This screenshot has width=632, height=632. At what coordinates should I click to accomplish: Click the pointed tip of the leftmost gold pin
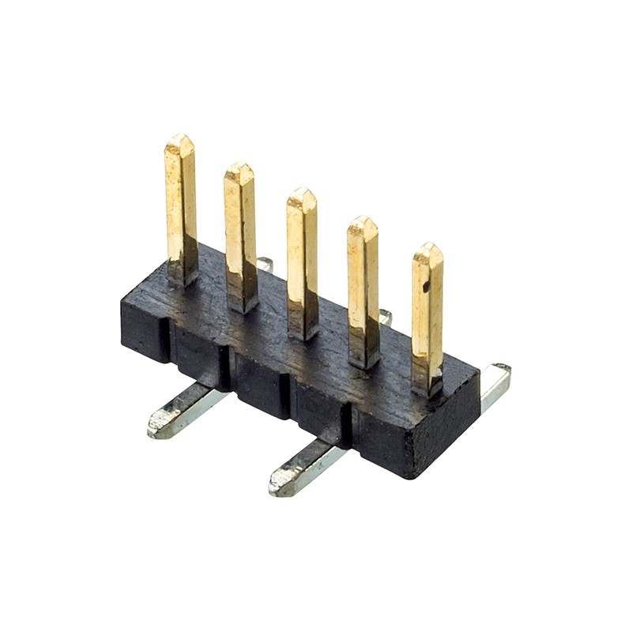click(180, 138)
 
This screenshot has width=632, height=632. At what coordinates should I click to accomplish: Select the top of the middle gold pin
click(301, 191)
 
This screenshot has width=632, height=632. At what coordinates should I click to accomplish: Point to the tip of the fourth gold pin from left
click(363, 220)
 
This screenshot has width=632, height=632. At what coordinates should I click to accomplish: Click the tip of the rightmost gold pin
click(427, 246)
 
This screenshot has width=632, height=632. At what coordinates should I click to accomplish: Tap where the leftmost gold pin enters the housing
click(182, 278)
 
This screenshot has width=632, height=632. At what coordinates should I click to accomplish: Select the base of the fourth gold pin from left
click(364, 362)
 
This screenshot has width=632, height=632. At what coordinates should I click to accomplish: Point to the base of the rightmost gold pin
click(427, 389)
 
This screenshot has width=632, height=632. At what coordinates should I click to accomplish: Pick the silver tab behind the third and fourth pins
click(385, 318)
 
